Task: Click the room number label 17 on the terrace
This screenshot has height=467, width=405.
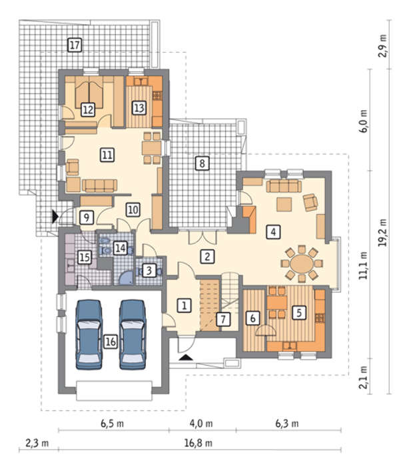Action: [x=75, y=45]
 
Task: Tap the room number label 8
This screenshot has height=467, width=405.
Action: [x=202, y=163]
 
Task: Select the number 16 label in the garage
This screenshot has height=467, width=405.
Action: [x=111, y=342]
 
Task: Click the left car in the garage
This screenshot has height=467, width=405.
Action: [x=89, y=335]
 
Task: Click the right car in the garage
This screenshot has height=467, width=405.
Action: [x=133, y=335]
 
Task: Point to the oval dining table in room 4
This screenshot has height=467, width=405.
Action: [x=302, y=264]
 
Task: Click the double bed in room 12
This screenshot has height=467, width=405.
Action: [x=89, y=93]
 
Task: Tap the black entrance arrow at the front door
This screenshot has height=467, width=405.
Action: [x=186, y=358]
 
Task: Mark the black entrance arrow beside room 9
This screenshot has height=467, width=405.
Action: [x=55, y=216]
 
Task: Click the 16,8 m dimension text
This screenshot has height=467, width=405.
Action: [x=199, y=443]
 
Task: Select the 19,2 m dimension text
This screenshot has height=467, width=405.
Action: [x=383, y=233]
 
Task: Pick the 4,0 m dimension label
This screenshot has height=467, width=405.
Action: [x=201, y=423]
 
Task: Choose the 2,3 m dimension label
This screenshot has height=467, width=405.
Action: [x=37, y=443]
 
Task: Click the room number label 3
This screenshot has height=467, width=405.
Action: [x=149, y=270]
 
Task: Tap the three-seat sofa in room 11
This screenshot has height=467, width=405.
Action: [x=100, y=185]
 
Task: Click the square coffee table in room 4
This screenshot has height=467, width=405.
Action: [x=284, y=204]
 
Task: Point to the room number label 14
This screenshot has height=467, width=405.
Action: [x=120, y=248]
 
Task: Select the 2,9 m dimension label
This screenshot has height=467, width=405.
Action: [x=383, y=45]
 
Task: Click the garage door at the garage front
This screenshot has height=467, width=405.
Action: [x=114, y=391]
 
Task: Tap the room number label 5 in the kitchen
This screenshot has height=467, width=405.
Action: [x=299, y=313]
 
